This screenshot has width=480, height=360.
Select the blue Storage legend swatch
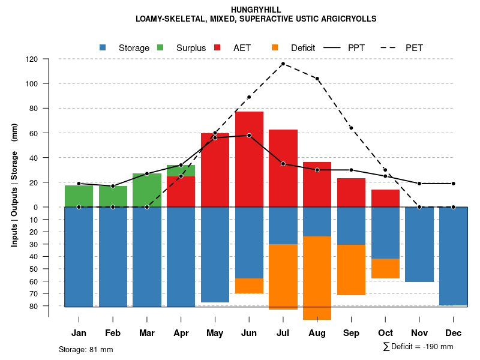tap(103, 47)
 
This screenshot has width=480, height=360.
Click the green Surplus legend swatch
tap(160, 47)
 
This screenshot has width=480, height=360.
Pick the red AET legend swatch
tap(218, 47)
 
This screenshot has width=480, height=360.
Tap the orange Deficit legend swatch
tap(275, 47)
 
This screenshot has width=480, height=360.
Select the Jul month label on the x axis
tap(283, 333)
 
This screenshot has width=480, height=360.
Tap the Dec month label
tap(454, 333)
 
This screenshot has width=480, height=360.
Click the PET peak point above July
tap(283, 64)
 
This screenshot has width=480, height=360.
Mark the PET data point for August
tap(317, 79)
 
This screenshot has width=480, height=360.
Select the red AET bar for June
tap(249, 159)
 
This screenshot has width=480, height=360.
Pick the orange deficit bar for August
tap(317, 278)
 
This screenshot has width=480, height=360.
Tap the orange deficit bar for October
tap(385, 268)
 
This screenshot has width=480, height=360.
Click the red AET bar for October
tap(385, 198)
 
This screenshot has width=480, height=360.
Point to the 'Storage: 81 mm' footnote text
tap(86, 349)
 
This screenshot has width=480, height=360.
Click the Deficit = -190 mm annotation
tap(418, 347)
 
